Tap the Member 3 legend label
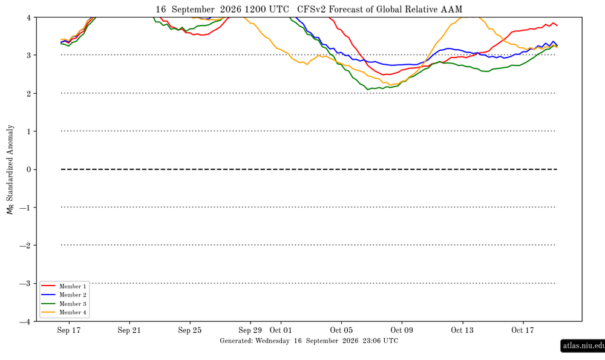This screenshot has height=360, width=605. [73, 304]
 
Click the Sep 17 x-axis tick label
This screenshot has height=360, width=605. [69, 330]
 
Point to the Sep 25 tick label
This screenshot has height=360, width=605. [190, 330]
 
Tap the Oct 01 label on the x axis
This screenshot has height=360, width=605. [281, 330]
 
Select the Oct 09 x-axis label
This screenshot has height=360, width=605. [402, 330]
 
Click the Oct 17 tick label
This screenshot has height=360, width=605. [523, 330]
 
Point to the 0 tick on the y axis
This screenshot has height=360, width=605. [29, 170]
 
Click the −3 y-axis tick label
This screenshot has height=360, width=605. [25, 284]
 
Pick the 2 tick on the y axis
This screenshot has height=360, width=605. [29, 93]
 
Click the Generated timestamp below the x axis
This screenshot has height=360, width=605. [309, 341]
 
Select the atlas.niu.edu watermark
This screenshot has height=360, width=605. [583, 345]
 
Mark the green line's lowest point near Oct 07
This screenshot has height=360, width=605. [368, 90]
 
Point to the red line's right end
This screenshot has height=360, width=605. [557, 25]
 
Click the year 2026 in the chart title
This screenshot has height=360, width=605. [231, 9]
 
